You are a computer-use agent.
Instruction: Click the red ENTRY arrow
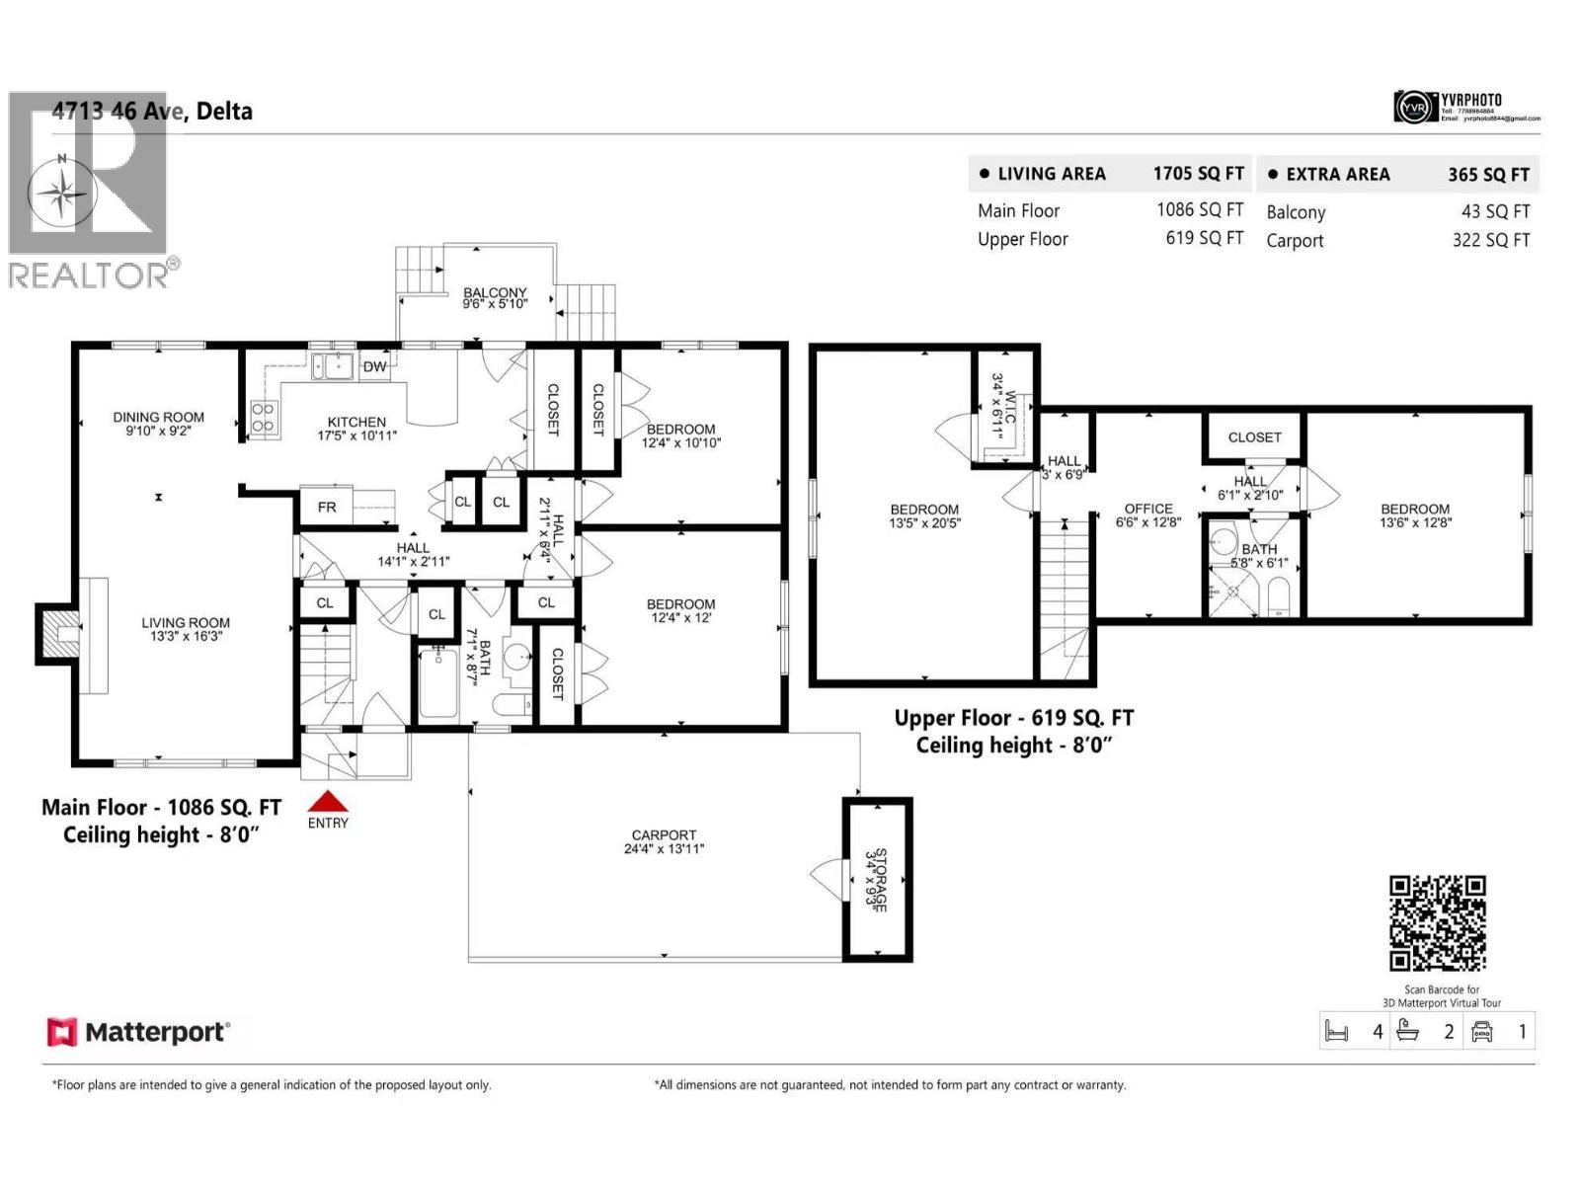pyautogui.click(x=328, y=801)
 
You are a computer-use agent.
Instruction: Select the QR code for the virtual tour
pyautogui.click(x=1437, y=923)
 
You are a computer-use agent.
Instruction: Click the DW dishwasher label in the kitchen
pyautogui.click(x=374, y=367)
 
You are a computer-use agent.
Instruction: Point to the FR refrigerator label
pyautogui.click(x=327, y=508)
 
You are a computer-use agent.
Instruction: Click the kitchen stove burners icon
pyautogui.click(x=262, y=418)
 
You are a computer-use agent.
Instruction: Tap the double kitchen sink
pyautogui.click(x=333, y=366)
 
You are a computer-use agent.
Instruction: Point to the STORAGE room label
pyautogui.click(x=876, y=879)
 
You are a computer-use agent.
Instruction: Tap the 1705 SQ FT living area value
pyautogui.click(x=1198, y=174)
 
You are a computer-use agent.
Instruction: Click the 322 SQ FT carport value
pyautogui.click(x=1490, y=240)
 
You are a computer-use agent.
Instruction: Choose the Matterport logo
pyautogui.click(x=138, y=1033)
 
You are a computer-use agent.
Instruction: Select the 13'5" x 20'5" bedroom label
pyautogui.click(x=924, y=516)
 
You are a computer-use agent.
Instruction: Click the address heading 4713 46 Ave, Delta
pyautogui.click(x=153, y=112)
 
